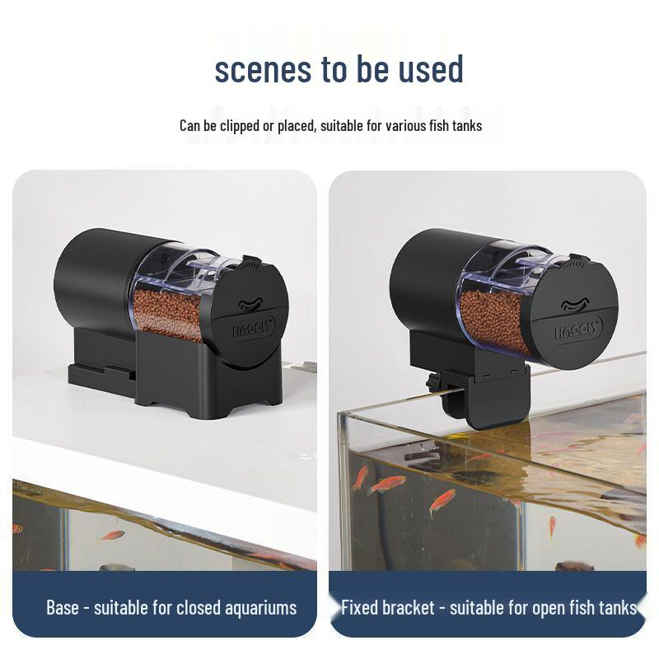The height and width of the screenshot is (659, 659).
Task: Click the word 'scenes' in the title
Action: click(263, 69)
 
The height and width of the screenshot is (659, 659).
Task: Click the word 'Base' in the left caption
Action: click(63, 607)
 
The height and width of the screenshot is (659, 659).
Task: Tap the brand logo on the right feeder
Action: click(578, 328)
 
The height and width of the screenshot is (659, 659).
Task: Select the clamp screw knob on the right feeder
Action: click(432, 381)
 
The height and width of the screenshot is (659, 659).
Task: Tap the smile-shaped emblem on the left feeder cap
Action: click(251, 303)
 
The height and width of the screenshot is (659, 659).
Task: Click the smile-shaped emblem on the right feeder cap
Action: click(575, 304)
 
